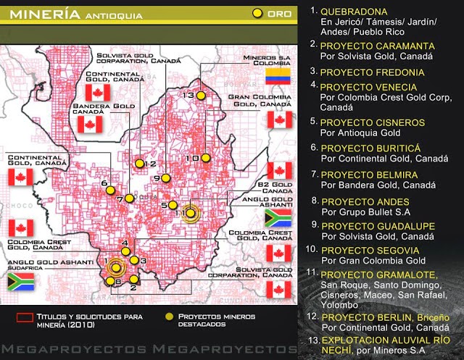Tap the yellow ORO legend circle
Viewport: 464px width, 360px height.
tap(257, 13)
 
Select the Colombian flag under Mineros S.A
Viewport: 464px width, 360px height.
tap(278, 76)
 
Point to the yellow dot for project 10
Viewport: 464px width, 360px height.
tap(207, 157)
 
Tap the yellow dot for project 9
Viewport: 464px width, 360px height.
tap(166, 177)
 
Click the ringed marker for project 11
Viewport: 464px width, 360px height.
tap(190, 212)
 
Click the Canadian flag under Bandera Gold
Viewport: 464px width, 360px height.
tap(90, 125)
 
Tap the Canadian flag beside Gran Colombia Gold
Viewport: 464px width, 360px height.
tap(278, 119)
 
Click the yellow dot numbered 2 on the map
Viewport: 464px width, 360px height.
tap(133, 279)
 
